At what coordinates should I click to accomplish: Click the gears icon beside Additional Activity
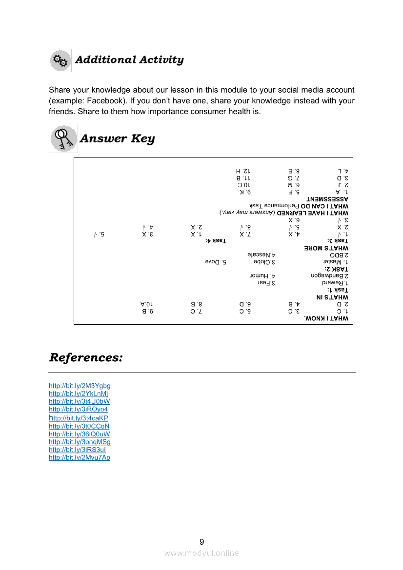[x=60, y=60]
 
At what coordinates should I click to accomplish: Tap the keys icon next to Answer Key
[x=63, y=138]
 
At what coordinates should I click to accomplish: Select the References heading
[x=86, y=357]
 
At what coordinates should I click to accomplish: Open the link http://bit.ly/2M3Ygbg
[x=80, y=386]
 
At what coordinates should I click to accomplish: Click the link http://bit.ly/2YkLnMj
[x=79, y=393]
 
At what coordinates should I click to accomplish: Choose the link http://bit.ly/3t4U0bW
[x=79, y=401]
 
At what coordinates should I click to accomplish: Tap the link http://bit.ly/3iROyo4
[x=78, y=409]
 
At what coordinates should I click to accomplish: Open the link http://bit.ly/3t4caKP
[x=78, y=418]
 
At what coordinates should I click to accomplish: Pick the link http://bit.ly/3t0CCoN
[x=79, y=426]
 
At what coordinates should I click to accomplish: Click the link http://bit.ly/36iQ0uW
[x=79, y=434]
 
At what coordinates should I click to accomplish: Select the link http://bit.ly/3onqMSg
[x=80, y=442]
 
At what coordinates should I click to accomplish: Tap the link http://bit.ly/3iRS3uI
[x=77, y=450]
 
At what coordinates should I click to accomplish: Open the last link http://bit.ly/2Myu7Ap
[x=80, y=457]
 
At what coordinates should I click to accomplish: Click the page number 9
[x=201, y=542]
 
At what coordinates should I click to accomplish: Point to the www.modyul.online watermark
[x=201, y=553]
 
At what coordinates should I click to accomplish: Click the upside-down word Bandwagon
[x=333, y=275]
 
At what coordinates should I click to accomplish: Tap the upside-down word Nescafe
[x=262, y=255]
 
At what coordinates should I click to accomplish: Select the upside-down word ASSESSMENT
[x=327, y=199]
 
